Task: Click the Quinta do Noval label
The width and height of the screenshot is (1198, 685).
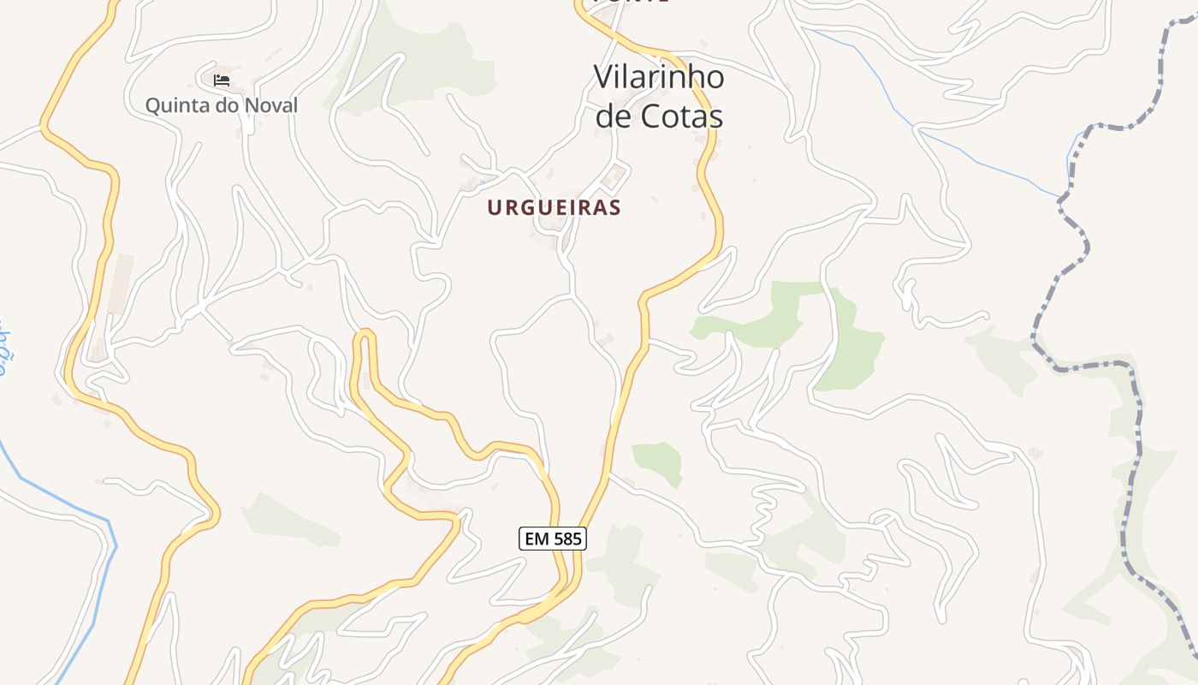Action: pos(221,105)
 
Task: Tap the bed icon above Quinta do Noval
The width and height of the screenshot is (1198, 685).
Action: pos(222,81)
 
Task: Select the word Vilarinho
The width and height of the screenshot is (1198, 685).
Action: pos(659,77)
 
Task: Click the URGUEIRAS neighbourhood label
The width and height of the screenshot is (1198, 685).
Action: pos(554,207)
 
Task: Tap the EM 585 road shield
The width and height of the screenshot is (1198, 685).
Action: pos(552,539)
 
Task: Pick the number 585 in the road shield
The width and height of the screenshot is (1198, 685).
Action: pos(566,539)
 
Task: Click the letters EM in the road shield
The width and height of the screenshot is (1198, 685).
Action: pos(536,539)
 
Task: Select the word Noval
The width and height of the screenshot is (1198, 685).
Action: pos(271,105)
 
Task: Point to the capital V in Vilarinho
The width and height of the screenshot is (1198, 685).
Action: pos(602,77)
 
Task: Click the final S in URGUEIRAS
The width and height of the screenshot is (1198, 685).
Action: pos(615,207)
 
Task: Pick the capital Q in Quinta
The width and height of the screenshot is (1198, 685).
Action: pos(153,105)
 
